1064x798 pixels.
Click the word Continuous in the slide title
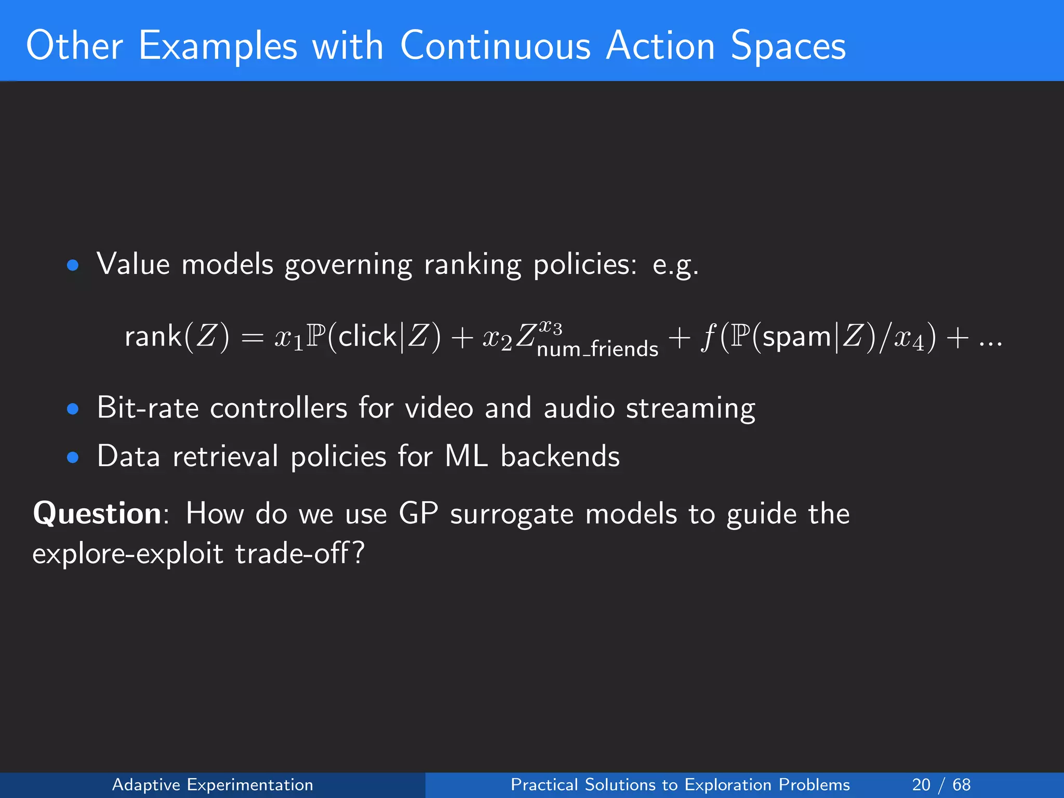[495, 46]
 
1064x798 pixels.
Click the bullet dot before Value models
[73, 265]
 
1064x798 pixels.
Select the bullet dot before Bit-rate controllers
[73, 409]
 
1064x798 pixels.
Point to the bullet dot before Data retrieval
[73, 457]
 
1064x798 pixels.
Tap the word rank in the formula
[153, 336]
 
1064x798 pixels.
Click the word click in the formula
[367, 336]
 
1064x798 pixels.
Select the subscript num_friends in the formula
[597, 349]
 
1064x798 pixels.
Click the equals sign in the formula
[252, 338]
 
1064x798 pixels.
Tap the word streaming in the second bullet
[690, 408]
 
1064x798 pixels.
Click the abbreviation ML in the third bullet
[467, 456]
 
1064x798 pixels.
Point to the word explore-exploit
[128, 553]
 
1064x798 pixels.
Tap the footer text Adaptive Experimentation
[212, 784]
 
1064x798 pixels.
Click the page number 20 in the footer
[921, 784]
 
